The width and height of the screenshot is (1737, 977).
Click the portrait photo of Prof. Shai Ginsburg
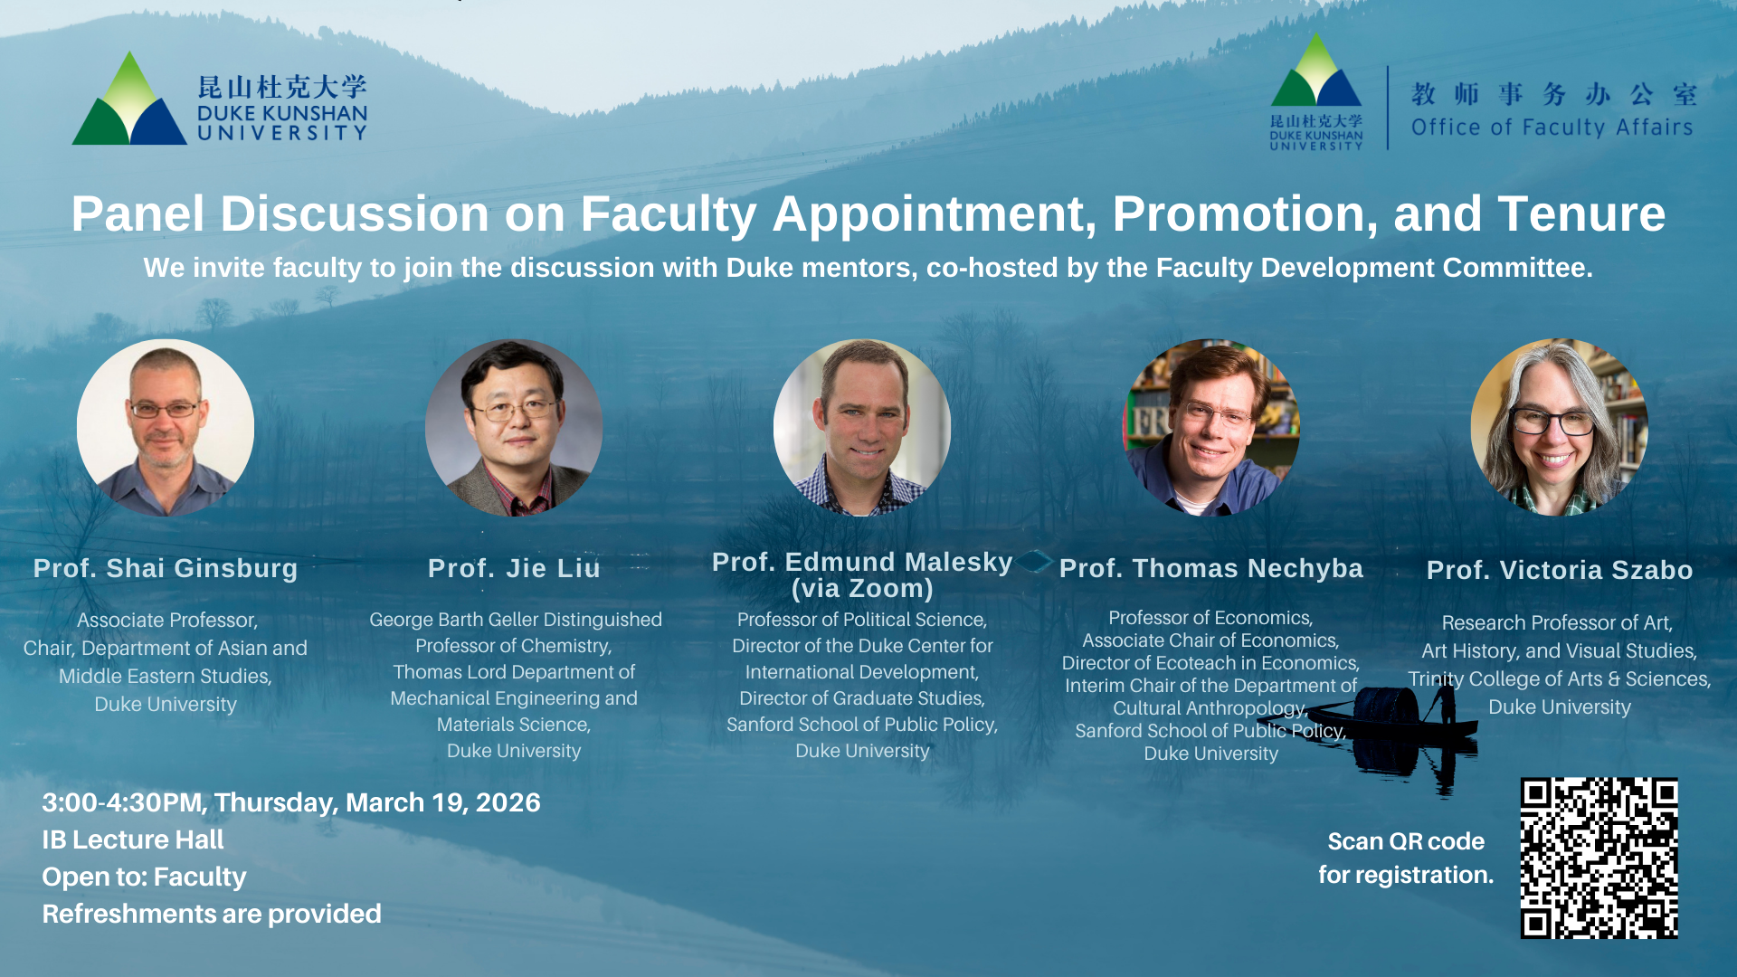166,428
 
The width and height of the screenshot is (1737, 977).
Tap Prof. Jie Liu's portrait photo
514,428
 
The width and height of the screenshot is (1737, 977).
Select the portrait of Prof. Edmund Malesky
862,428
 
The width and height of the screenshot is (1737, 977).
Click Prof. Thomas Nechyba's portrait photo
1211,428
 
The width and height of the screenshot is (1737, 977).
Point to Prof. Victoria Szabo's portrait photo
1560,428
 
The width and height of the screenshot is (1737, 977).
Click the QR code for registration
1599,858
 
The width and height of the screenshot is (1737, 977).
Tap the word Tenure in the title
1581,214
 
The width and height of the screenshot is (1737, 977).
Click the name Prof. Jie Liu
514,568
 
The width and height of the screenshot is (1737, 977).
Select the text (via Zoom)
862,589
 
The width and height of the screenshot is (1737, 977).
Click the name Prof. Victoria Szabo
1560,570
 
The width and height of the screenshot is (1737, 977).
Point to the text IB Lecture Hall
133,839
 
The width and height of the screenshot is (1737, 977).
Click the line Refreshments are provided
212,914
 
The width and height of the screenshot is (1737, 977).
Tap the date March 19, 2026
443,802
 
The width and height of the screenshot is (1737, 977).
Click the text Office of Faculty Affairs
1552,128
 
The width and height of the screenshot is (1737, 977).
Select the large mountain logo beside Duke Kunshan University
129,98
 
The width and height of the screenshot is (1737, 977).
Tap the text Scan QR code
1406,841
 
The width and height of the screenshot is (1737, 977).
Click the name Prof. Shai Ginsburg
166,569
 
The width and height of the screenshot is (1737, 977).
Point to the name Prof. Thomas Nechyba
1211,568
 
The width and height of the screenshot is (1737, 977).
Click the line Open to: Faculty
144,877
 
